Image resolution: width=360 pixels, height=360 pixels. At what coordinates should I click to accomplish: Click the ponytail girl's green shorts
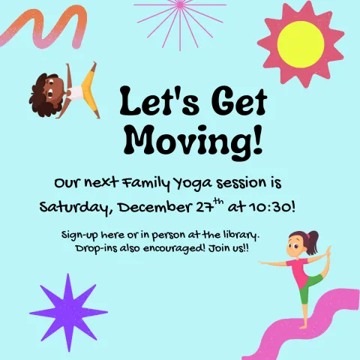click(x=306, y=291)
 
